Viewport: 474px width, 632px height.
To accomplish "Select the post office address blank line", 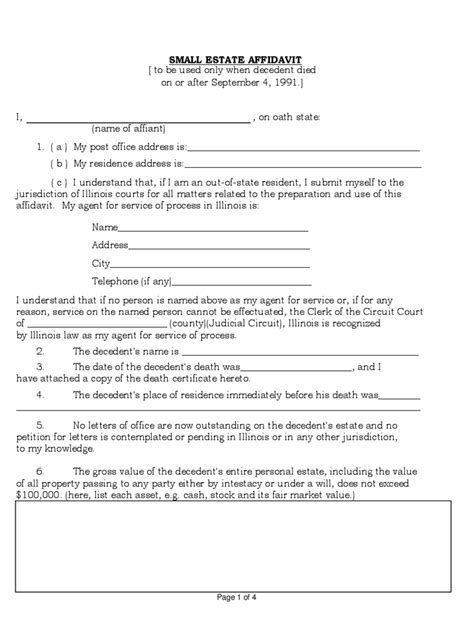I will pos(302,149).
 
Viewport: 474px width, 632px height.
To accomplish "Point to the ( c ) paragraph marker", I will pos(59,182).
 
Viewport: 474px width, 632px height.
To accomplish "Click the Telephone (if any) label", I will pos(131,281).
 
